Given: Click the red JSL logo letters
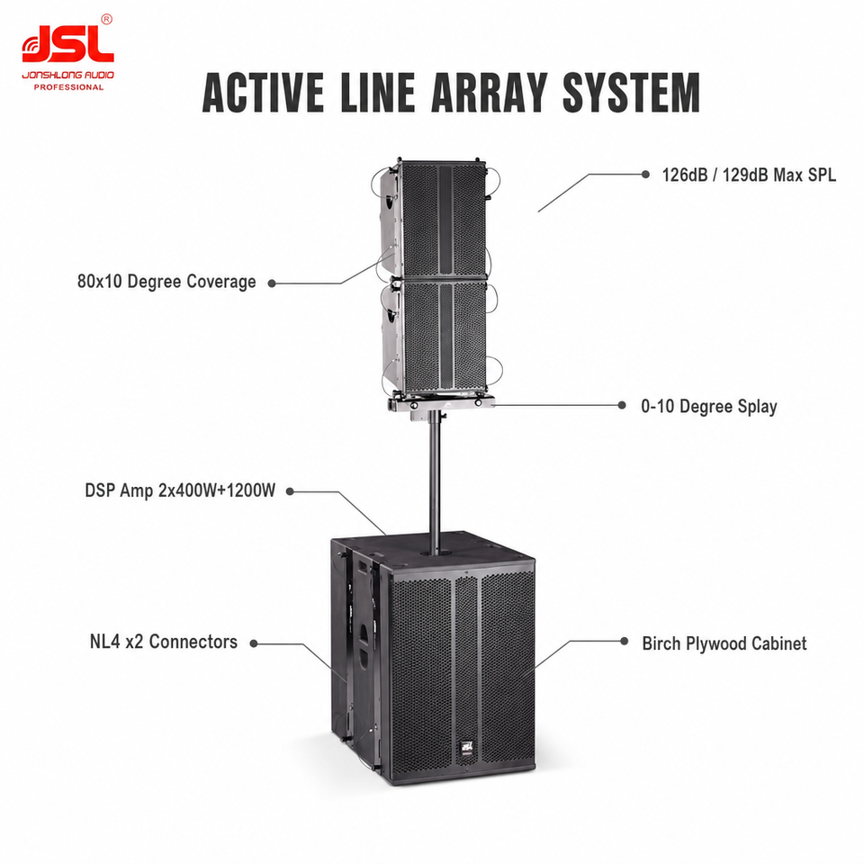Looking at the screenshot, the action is [67, 45].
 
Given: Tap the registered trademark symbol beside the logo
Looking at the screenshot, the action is [107, 19].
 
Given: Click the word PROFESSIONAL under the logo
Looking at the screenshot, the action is [69, 87].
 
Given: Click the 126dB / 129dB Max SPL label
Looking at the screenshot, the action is [749, 175].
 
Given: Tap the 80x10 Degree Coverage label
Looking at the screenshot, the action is [166, 282].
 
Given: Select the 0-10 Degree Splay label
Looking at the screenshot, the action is [708, 407].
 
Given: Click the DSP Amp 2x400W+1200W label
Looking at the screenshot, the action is [180, 490].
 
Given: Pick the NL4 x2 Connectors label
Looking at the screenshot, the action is [164, 642].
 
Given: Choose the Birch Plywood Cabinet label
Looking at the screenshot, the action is [724, 643].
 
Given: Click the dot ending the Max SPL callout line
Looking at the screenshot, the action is [646, 174].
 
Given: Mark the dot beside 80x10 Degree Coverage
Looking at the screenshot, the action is [272, 283].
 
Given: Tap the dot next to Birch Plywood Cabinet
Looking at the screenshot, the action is [625, 641].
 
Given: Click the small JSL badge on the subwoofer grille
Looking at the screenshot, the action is [467, 748].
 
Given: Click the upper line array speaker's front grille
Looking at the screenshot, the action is [444, 220].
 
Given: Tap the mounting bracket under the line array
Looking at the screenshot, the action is [440, 404].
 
